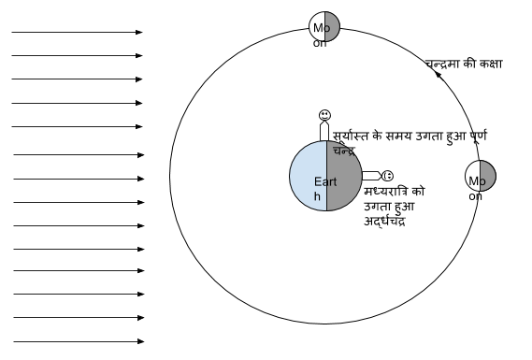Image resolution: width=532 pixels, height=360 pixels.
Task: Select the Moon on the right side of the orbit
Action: (x=481, y=176)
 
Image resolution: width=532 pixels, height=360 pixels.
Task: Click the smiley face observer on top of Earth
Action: (x=324, y=115)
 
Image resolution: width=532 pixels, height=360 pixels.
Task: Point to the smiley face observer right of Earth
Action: (x=387, y=175)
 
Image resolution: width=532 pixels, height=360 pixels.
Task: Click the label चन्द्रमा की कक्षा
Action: (x=464, y=65)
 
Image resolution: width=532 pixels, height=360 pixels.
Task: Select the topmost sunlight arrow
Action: (x=78, y=33)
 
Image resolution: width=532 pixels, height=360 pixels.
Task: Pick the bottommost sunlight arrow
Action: (x=78, y=341)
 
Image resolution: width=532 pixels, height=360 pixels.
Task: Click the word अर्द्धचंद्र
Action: (x=385, y=223)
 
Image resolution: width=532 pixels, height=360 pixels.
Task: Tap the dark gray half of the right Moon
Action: (x=487, y=176)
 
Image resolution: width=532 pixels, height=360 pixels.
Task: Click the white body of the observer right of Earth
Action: (x=369, y=175)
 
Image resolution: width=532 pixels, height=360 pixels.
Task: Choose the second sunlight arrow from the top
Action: (x=78, y=56)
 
